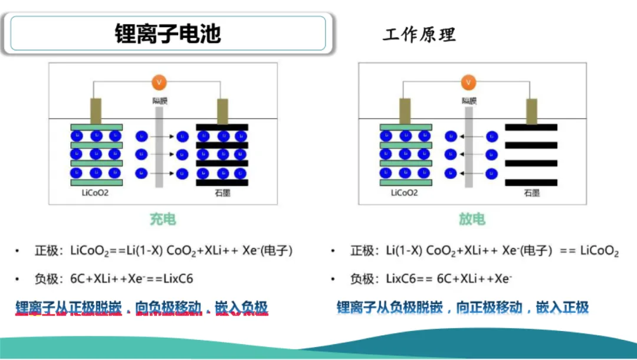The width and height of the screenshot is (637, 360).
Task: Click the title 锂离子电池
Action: (x=168, y=33)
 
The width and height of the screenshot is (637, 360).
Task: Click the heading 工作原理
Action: (x=419, y=34)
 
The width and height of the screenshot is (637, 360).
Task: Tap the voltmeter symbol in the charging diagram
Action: (x=158, y=82)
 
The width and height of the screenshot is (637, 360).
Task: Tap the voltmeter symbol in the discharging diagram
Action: (x=468, y=82)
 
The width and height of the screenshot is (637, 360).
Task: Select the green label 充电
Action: (x=162, y=220)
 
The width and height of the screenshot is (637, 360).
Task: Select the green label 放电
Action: (x=472, y=220)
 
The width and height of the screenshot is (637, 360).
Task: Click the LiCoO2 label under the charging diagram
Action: (x=96, y=193)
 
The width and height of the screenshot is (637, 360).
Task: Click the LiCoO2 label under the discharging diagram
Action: (x=405, y=193)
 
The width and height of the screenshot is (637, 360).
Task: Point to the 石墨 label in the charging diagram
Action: (x=222, y=193)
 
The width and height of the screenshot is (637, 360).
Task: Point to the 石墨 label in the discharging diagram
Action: (x=531, y=193)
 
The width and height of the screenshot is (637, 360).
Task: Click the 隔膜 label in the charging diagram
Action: (x=159, y=101)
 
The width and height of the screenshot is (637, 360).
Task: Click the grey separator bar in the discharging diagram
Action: (x=469, y=148)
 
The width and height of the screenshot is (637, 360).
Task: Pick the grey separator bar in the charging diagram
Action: (x=159, y=148)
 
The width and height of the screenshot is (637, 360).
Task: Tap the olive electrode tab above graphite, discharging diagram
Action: (x=531, y=111)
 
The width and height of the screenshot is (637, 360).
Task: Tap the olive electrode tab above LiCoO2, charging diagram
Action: (x=96, y=111)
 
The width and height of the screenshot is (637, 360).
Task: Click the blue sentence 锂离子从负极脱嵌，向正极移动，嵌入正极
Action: (x=462, y=307)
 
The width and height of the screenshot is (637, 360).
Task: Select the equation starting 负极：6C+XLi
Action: (x=114, y=279)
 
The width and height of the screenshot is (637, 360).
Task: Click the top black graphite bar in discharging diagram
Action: (x=531, y=127)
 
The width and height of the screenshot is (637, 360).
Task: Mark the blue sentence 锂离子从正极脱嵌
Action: (x=142, y=307)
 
